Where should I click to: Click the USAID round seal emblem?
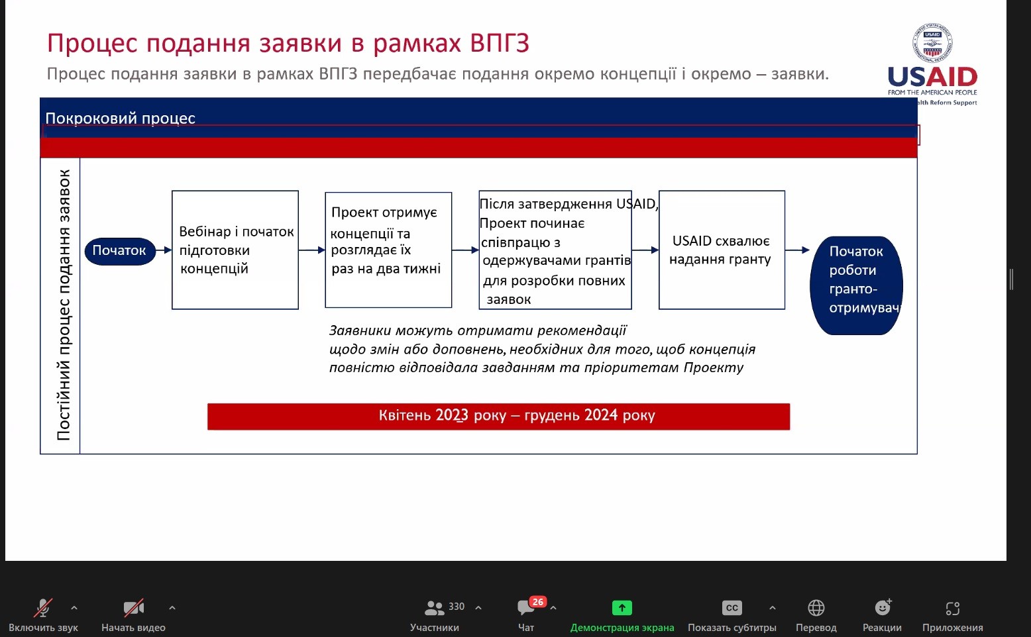[x=932, y=43]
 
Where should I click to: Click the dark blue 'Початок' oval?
[x=120, y=251]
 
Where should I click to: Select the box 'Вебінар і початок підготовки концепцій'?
[x=235, y=250]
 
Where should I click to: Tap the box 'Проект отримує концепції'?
[x=388, y=250]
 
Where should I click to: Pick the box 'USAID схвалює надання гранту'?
[x=722, y=250]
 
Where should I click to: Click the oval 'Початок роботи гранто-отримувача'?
[x=856, y=285]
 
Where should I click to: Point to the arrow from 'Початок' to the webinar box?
[x=164, y=250]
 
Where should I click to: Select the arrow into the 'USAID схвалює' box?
[x=645, y=250]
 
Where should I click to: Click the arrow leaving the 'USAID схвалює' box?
[x=797, y=250]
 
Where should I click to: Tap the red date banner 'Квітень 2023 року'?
[x=498, y=416]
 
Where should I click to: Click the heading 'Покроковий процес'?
[x=120, y=119]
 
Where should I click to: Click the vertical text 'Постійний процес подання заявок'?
[x=64, y=305]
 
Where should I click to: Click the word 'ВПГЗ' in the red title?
[x=500, y=43]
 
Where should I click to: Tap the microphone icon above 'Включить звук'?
[x=43, y=608]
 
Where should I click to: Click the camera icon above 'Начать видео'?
[x=134, y=608]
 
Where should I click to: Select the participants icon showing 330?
[x=434, y=608]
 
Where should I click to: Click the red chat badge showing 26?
[x=537, y=602]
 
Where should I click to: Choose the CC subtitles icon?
[x=732, y=608]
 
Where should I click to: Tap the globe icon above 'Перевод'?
[x=816, y=608]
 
